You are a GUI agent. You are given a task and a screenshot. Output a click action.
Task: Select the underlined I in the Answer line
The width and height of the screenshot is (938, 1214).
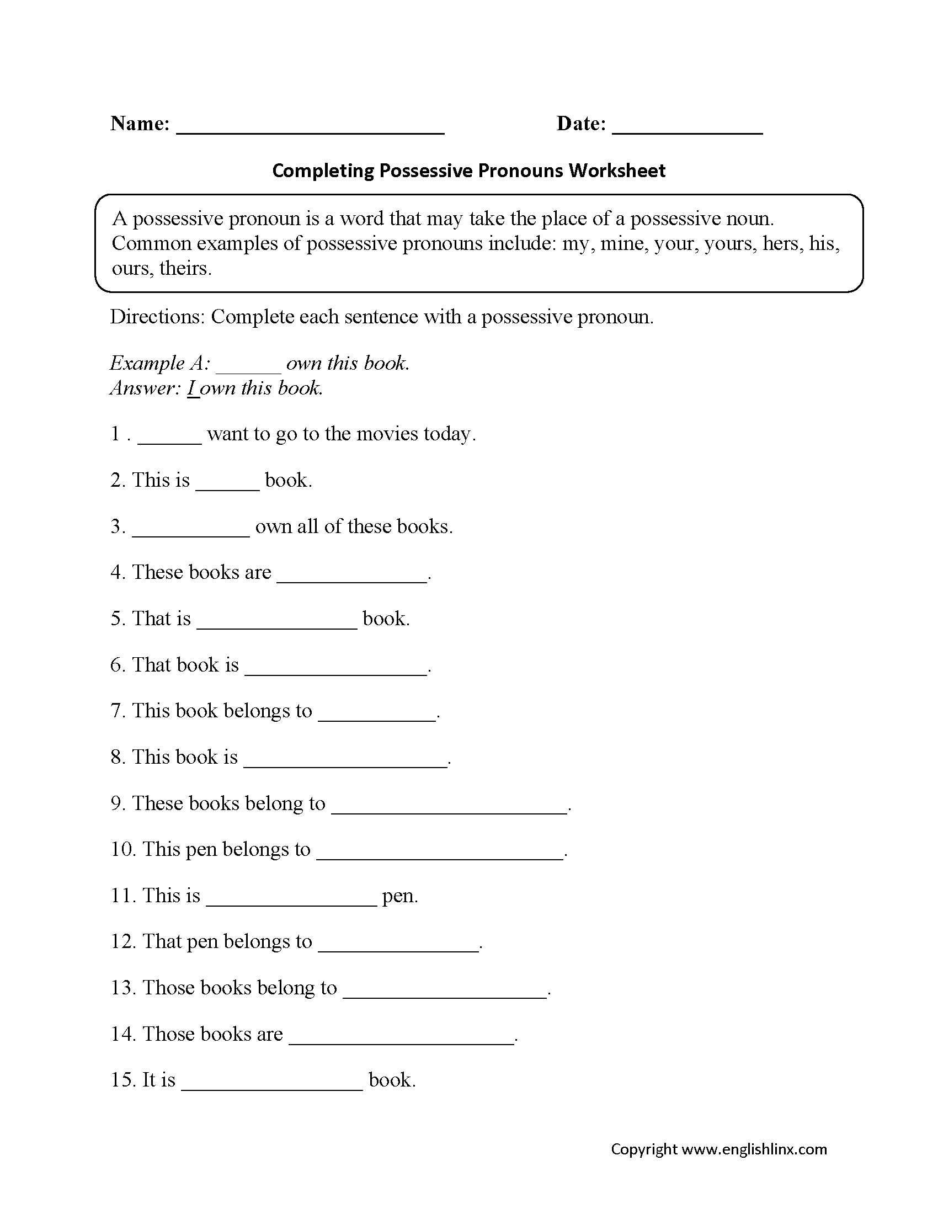point(191,388)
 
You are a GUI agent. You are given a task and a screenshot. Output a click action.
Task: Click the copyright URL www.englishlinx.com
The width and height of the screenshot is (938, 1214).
point(754,1149)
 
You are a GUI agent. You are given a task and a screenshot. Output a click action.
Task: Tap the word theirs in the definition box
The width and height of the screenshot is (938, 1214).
point(185,269)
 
